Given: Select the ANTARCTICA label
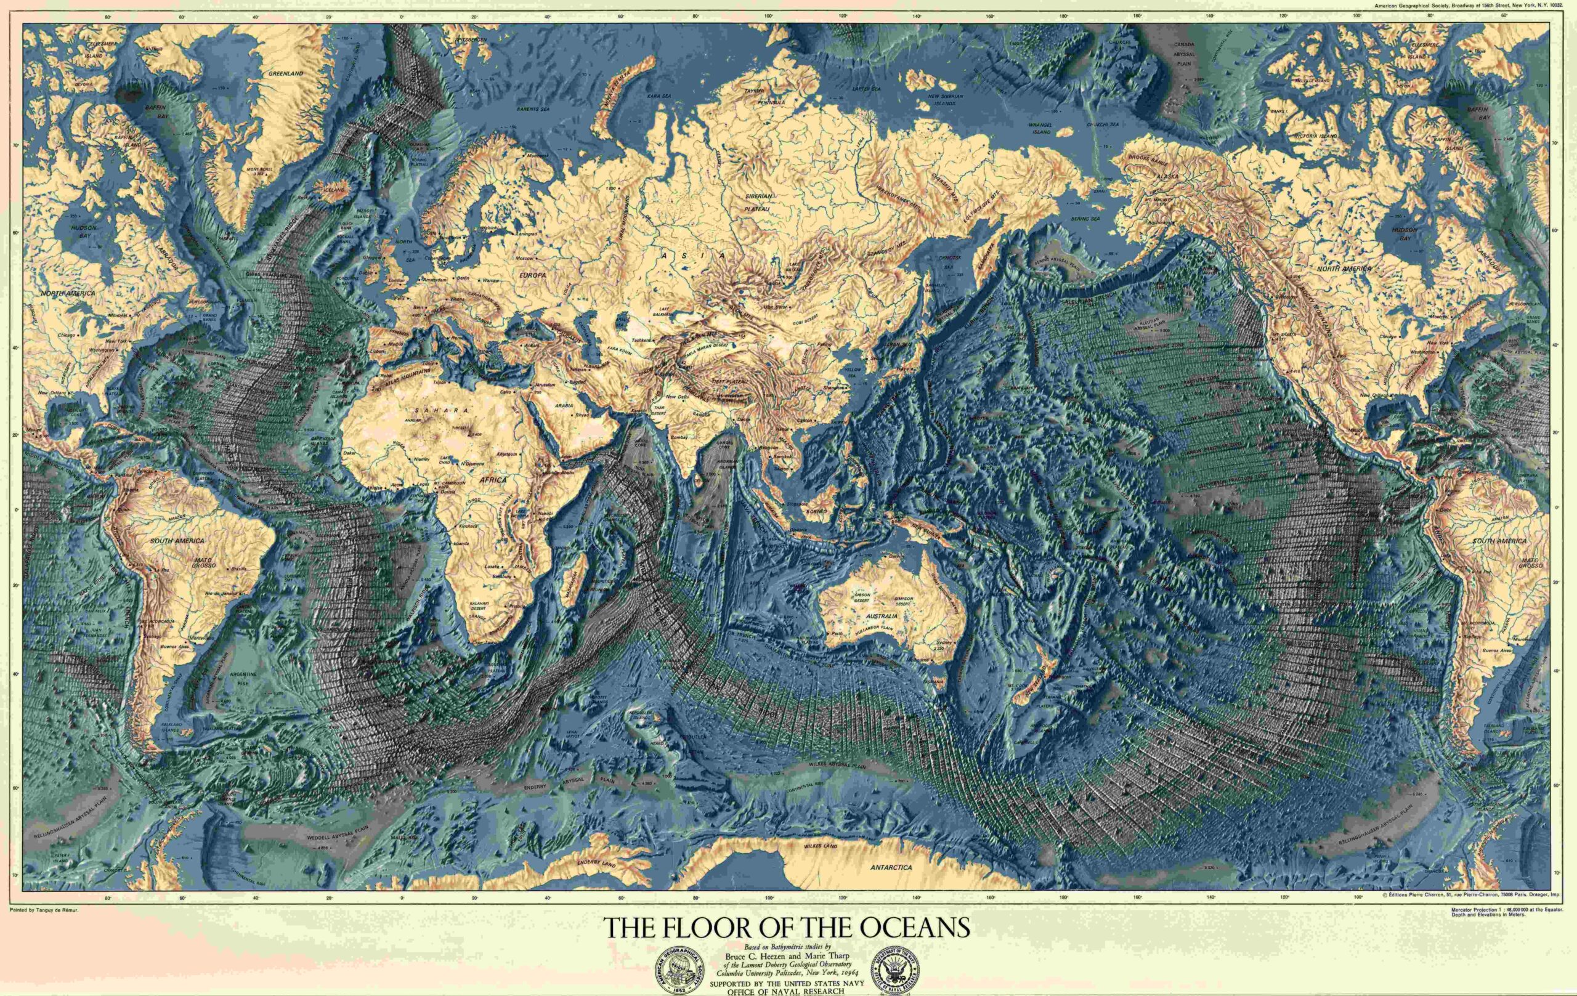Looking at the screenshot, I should point(891,867).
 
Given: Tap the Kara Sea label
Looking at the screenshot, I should point(660,96).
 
